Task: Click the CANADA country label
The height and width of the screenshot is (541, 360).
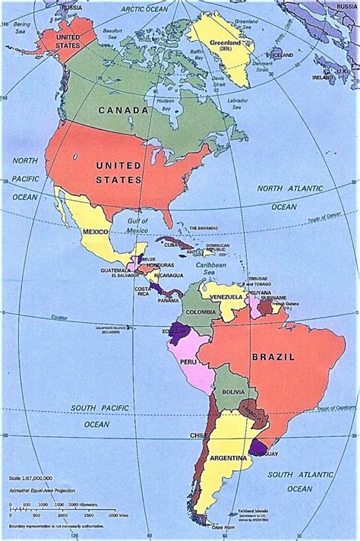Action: (124, 110)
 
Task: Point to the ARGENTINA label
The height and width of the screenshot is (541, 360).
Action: (229, 458)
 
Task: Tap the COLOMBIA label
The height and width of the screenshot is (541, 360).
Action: (201, 310)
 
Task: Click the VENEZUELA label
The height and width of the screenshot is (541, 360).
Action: (226, 296)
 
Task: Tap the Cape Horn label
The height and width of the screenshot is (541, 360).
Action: (223, 527)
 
